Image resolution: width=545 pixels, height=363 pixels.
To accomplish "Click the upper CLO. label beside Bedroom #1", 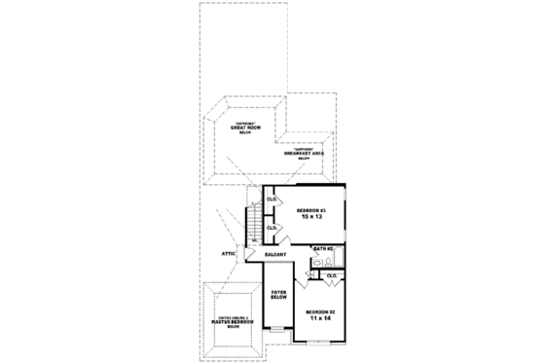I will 272,200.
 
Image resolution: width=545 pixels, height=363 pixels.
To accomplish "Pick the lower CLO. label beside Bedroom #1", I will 272,229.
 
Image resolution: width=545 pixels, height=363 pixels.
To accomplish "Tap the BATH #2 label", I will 324,250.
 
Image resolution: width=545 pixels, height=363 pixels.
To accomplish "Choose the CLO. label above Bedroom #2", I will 331,275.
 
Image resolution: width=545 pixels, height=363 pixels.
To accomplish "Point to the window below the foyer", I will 277,332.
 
